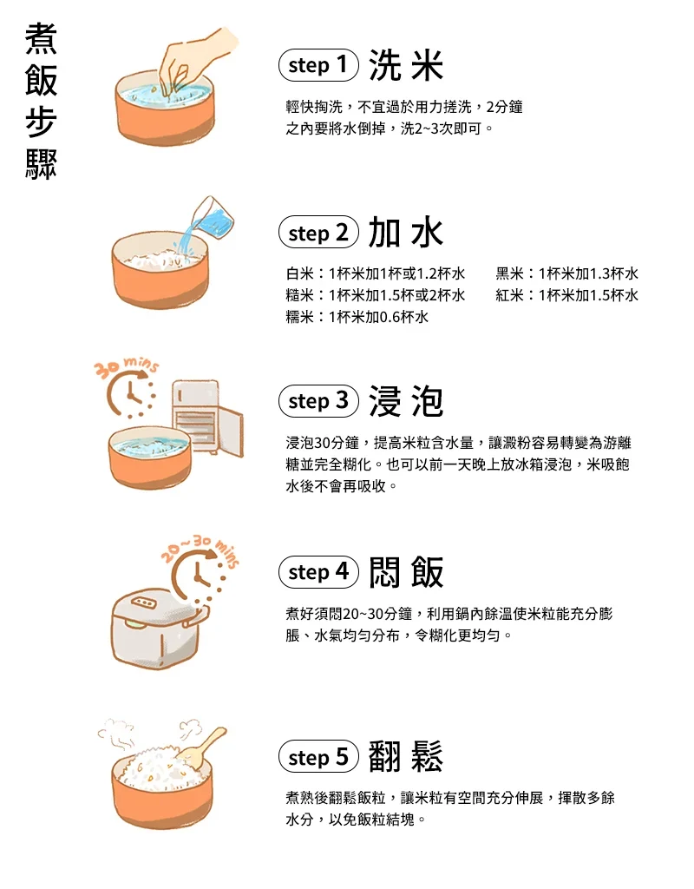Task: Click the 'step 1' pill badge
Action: pos(318,65)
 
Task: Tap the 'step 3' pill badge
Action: pos(318,401)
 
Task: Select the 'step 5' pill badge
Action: pos(318,756)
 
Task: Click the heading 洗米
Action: pos(406,65)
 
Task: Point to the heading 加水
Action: pos(406,233)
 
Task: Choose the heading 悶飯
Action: pos(406,572)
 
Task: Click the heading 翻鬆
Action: pos(406,756)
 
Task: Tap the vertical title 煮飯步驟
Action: pos(42,102)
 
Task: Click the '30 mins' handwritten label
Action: pos(126,367)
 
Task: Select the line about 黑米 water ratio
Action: pos(567,273)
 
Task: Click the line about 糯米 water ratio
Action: pos(357,317)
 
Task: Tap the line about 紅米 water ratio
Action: pos(567,295)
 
